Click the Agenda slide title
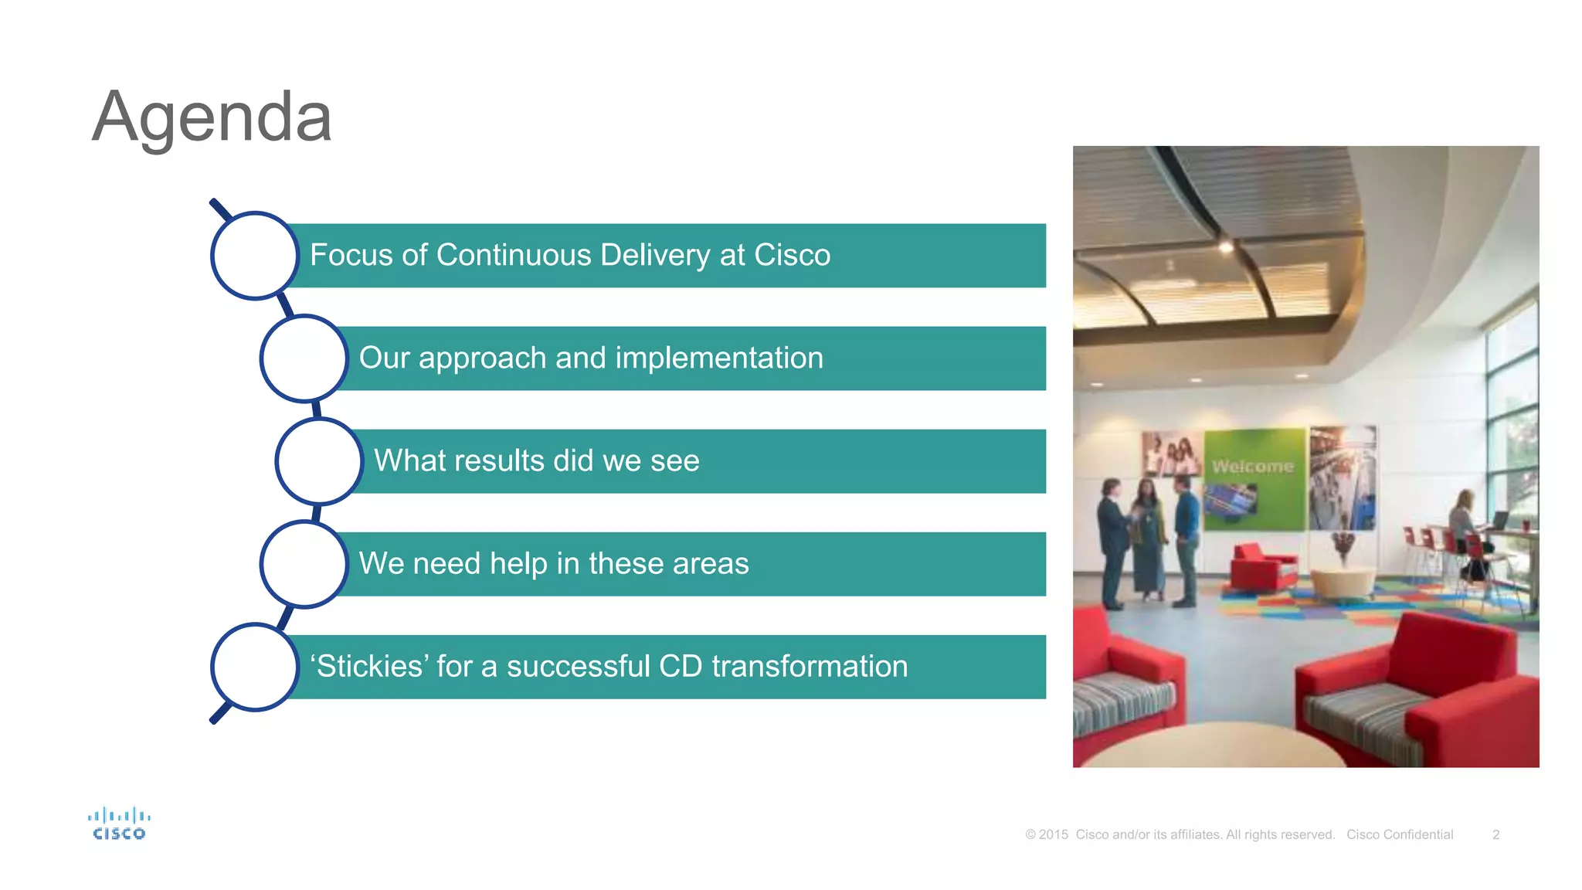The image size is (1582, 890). pyautogui.click(x=212, y=117)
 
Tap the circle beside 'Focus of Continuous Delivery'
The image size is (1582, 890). pyautogui.click(x=255, y=256)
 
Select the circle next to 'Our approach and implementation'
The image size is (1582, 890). pyautogui.click(x=304, y=358)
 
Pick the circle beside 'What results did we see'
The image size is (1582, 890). pyautogui.click(x=319, y=461)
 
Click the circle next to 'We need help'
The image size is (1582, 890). pyautogui.click(x=304, y=564)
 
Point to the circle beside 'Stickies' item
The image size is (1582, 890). pyautogui.click(x=255, y=667)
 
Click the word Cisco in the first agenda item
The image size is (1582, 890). pyautogui.click(x=792, y=255)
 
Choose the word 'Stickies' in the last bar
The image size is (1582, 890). pyautogui.click(x=369, y=666)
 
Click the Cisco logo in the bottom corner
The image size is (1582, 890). pyautogui.click(x=119, y=824)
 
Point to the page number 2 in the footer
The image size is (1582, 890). pyautogui.click(x=1495, y=834)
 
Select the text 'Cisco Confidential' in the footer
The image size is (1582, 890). pyautogui.click(x=1400, y=834)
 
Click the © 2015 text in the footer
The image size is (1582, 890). pyautogui.click(x=1047, y=834)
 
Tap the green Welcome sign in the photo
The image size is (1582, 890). pyautogui.click(x=1253, y=467)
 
